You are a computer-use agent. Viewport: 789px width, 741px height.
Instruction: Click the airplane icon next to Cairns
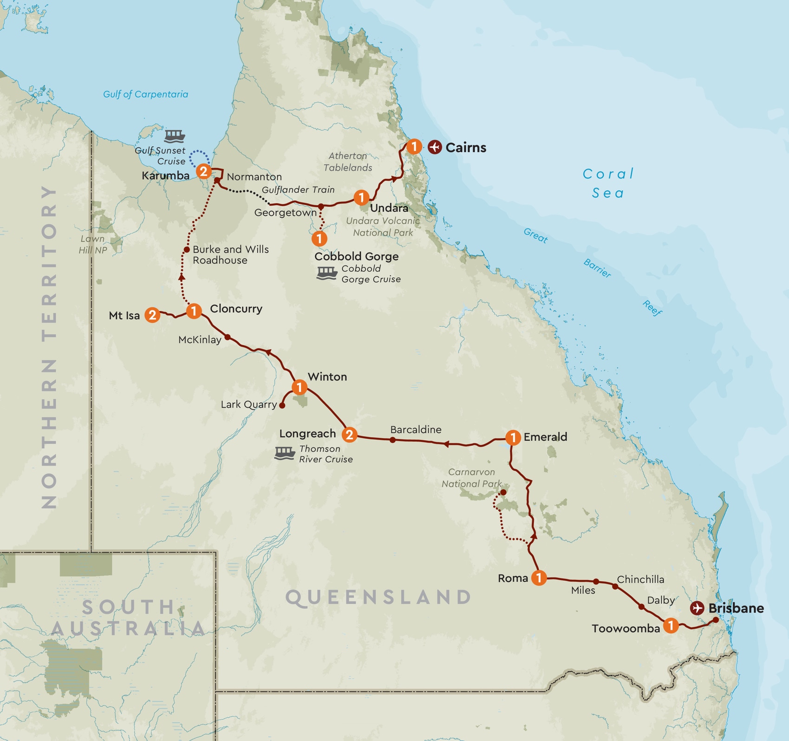435,147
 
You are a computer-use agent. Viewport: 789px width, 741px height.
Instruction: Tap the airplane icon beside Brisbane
697,608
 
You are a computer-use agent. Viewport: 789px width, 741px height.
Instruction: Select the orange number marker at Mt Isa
152,315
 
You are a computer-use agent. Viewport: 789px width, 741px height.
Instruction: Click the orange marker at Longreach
349,435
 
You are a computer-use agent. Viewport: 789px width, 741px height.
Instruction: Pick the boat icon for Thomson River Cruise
285,453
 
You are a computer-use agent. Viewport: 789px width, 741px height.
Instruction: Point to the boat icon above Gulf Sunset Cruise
175,136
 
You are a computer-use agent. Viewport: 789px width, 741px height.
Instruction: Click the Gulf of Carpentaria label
145,94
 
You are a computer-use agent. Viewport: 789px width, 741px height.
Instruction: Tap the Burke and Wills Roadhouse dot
186,250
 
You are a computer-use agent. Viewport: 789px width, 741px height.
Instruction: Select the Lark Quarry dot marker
282,405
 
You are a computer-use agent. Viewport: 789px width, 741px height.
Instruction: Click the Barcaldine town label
416,429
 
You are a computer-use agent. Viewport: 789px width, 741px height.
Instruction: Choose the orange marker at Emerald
513,437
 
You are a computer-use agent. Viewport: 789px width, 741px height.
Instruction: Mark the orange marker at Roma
538,578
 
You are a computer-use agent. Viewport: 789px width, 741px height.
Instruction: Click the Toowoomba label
626,629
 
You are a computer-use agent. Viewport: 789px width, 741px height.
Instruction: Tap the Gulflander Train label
298,189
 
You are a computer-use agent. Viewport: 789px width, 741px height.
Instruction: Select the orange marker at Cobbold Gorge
319,239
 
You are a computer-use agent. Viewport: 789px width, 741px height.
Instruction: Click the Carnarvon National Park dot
503,492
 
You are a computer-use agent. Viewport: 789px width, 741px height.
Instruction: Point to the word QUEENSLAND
378,597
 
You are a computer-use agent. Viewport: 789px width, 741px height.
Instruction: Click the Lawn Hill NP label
92,244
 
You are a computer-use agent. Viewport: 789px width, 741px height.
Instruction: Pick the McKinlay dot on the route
228,338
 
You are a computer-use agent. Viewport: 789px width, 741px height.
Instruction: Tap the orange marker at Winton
299,387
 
